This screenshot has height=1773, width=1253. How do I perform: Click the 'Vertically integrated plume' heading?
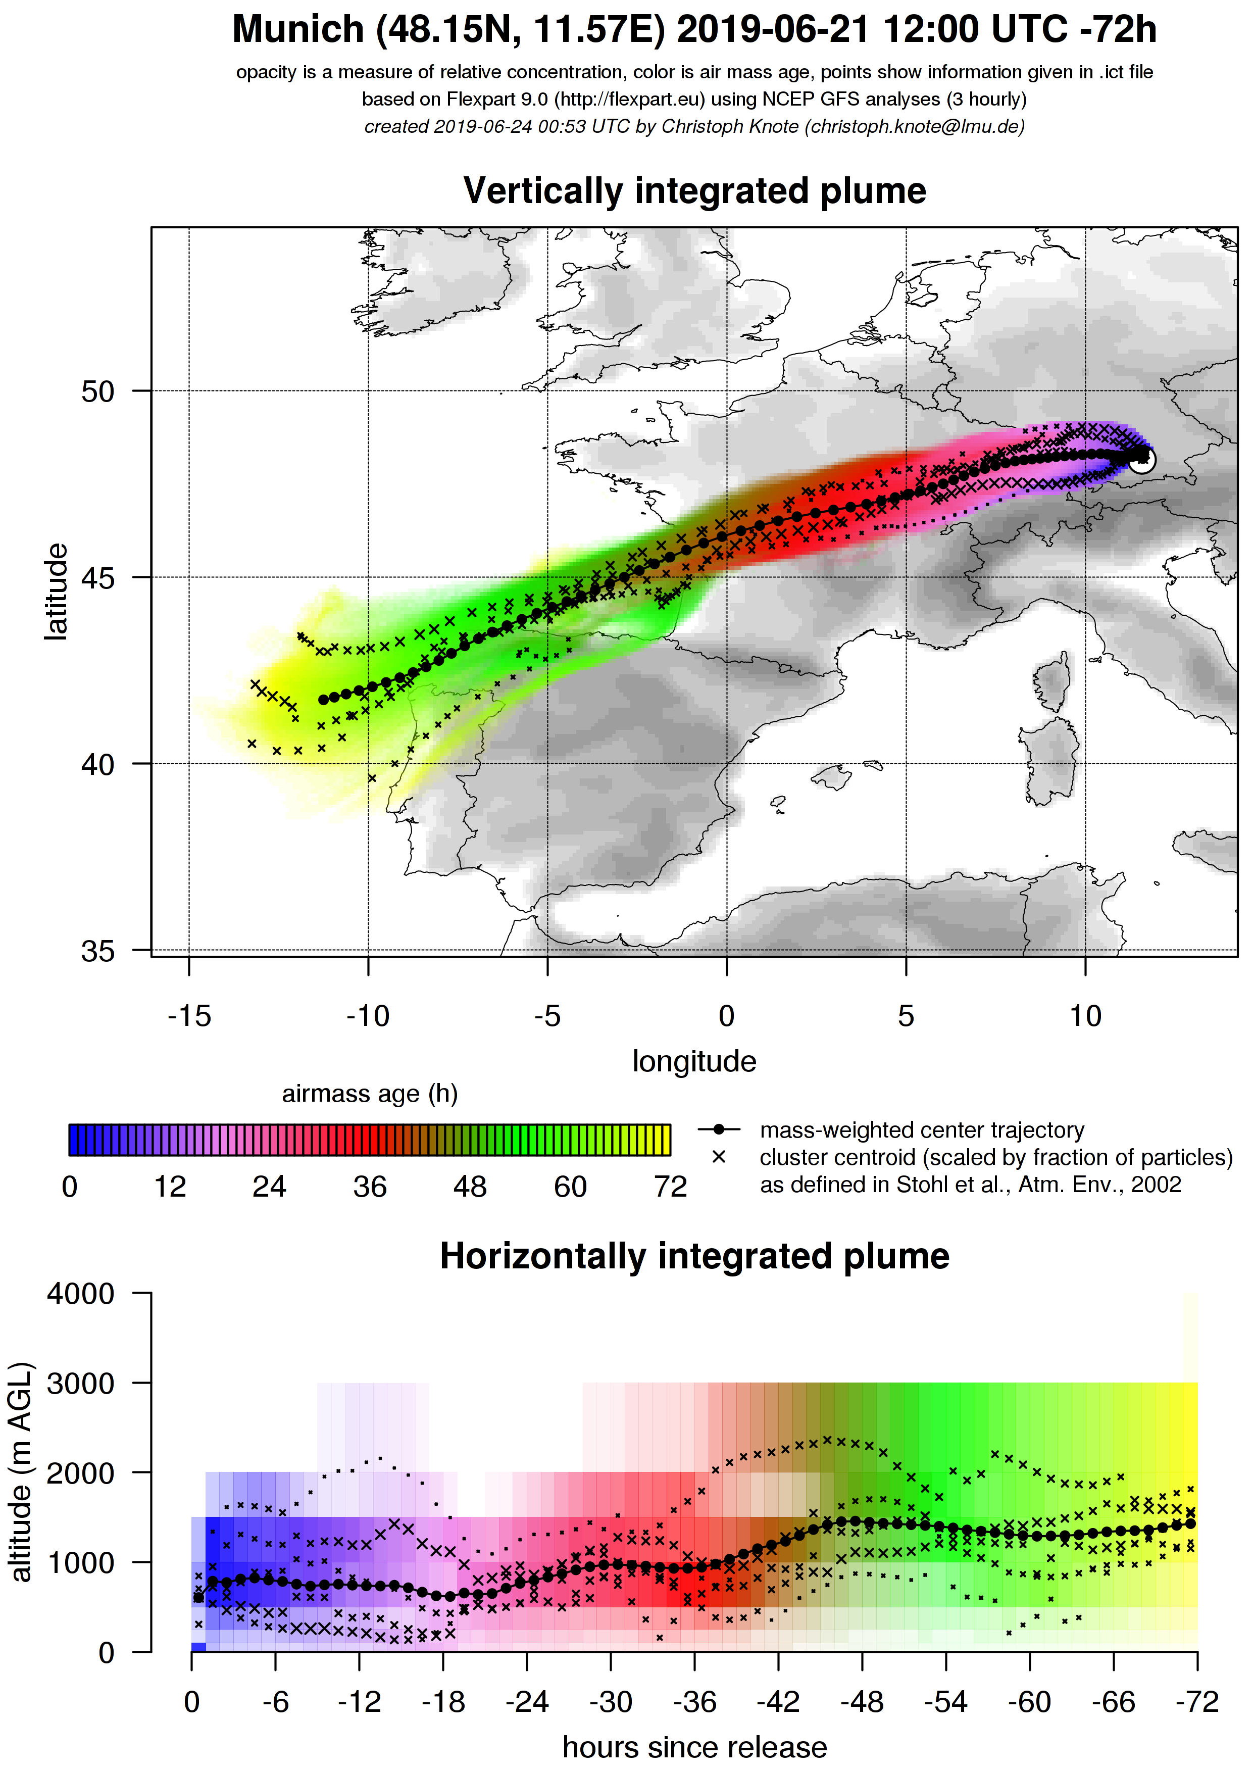(x=694, y=191)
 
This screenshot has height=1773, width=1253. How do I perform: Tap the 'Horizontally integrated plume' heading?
(x=694, y=1256)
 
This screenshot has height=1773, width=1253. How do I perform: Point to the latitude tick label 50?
(x=98, y=391)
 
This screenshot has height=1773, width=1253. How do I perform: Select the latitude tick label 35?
(x=98, y=951)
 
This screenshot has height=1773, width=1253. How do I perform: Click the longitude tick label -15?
(x=189, y=1016)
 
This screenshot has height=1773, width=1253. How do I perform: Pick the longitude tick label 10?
(x=1085, y=1016)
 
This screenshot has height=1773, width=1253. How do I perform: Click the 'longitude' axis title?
(x=694, y=1061)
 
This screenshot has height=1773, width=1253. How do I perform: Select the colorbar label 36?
(x=370, y=1187)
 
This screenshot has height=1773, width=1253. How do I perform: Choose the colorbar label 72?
(x=670, y=1187)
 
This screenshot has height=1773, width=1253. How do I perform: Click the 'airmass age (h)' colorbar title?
(x=370, y=1094)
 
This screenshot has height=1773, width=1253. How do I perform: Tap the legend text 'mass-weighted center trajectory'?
(x=922, y=1130)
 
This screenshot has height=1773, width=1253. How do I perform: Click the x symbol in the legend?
(x=719, y=1157)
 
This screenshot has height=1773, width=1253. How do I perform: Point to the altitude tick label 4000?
(x=80, y=1294)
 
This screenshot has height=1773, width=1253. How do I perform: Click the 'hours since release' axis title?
(x=694, y=1747)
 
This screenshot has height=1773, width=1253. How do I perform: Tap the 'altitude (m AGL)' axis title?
(x=22, y=1472)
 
